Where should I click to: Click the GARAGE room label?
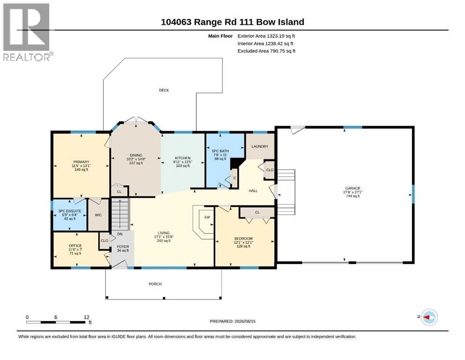353,188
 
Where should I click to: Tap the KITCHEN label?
183,158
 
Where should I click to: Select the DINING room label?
136,155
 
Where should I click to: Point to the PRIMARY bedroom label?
81,162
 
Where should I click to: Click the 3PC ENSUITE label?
70,211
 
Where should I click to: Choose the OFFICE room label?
75,246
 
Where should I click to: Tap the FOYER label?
123,247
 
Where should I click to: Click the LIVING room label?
163,233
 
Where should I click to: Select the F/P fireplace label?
207,217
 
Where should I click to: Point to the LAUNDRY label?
260,146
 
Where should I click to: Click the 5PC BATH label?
221,151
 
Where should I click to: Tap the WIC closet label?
98,215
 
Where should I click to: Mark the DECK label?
164,90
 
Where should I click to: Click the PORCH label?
155,284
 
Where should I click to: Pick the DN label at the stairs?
120,234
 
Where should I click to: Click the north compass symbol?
429,317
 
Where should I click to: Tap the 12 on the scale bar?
86,317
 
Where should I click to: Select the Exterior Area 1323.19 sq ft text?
266,36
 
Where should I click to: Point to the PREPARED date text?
232,321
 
